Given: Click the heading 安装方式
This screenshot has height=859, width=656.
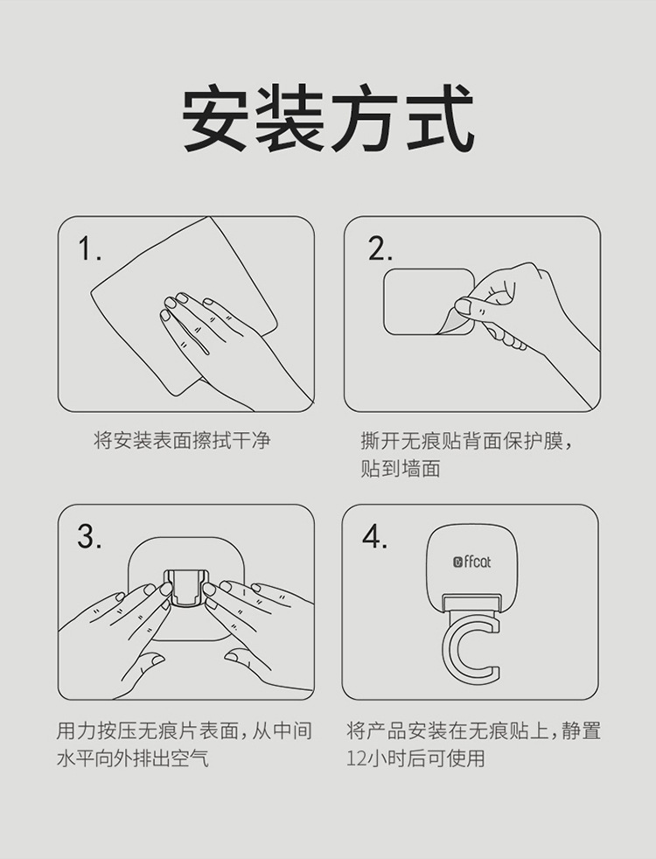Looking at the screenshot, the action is (328, 119).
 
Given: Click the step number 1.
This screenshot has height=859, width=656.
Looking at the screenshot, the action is (89, 249).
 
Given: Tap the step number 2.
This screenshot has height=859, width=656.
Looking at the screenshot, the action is (380, 249).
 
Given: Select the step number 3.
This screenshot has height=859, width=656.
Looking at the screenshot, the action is (89, 536).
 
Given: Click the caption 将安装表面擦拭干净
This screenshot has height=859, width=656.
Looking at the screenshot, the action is (182, 441).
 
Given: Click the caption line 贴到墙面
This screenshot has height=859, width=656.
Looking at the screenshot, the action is (401, 468).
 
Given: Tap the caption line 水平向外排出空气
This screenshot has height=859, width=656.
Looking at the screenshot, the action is (133, 758).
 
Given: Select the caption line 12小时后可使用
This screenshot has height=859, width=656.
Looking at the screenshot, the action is (415, 758).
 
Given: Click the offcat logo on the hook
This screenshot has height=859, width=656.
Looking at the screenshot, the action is (472, 562).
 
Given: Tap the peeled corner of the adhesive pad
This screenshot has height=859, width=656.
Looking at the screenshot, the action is (450, 323).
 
